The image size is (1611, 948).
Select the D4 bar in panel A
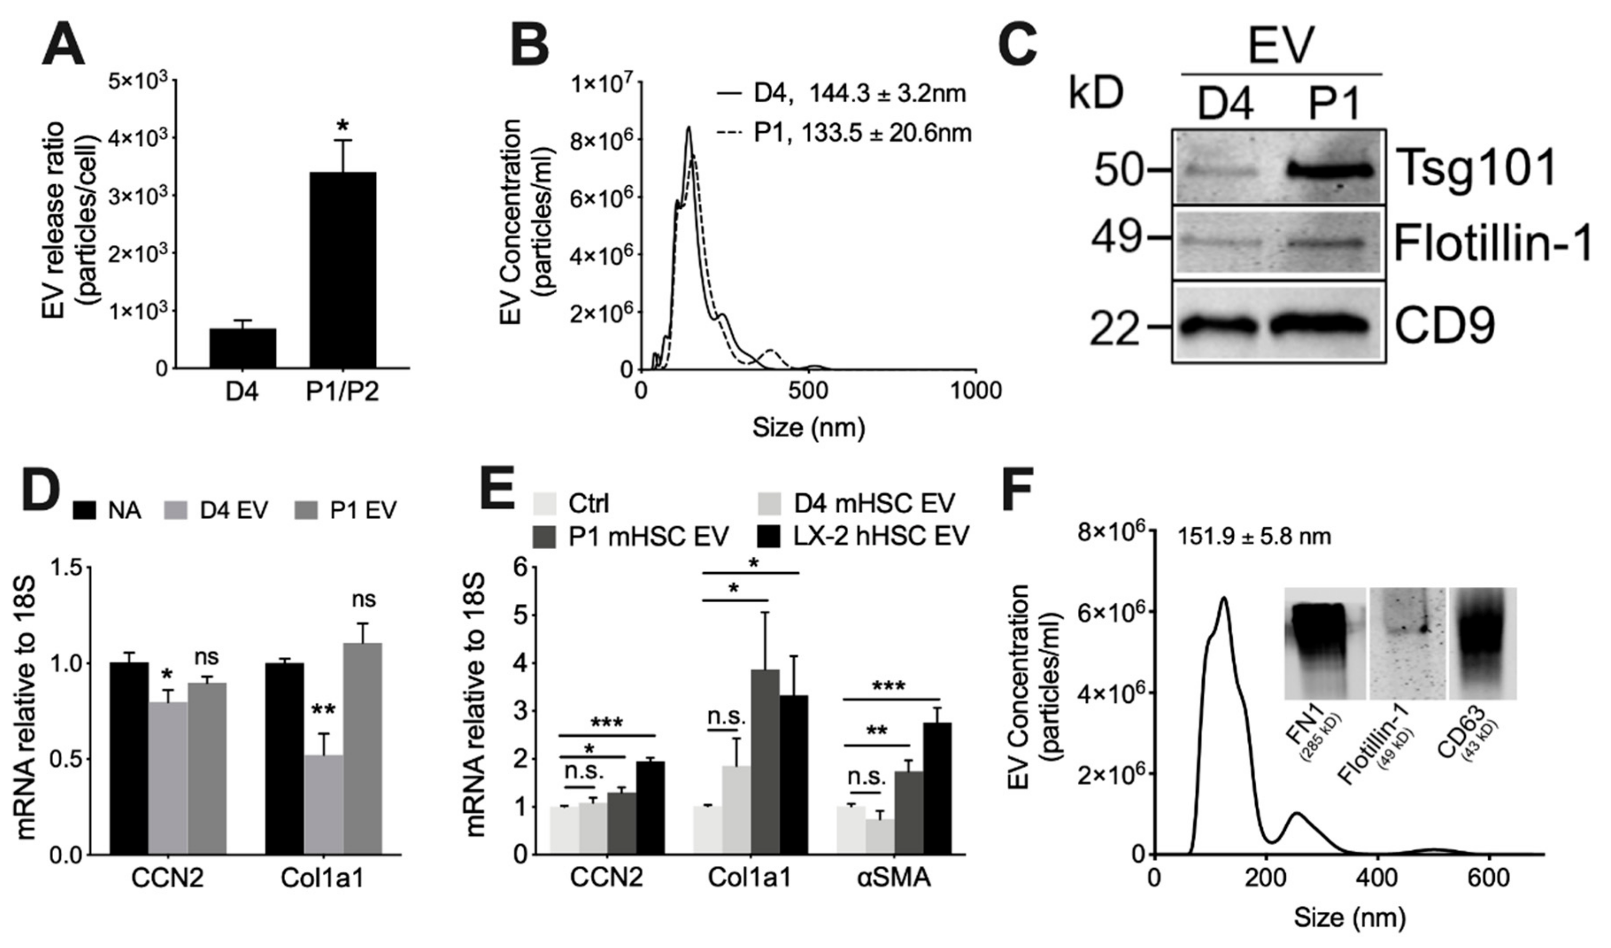(242, 348)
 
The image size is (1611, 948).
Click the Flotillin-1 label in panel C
(1491, 244)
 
